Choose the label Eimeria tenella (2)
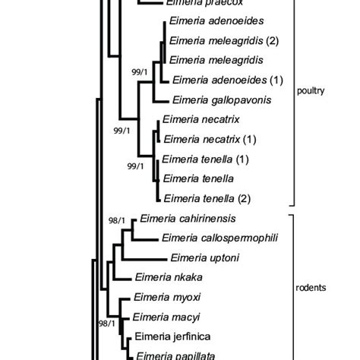coord(201,199)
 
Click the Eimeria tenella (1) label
coord(201,159)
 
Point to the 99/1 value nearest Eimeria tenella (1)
coord(137,166)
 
